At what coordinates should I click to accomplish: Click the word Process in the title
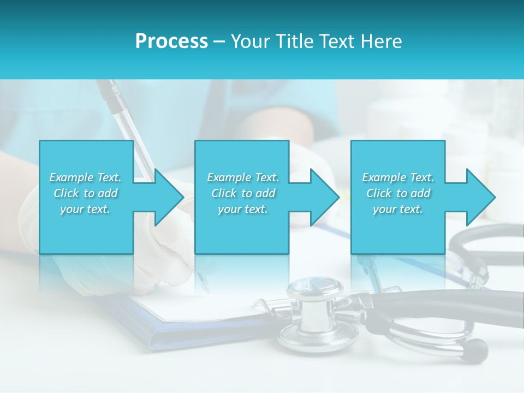[x=171, y=41]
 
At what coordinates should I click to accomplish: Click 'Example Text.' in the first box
[x=85, y=177]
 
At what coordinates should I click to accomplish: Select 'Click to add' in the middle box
[x=243, y=193]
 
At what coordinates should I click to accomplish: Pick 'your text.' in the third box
[x=398, y=209]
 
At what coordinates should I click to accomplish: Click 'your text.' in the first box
[x=85, y=209]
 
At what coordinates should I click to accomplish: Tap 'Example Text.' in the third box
[x=398, y=177]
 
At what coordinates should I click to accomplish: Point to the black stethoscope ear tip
[x=475, y=349]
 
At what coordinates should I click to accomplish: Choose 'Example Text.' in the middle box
[x=243, y=177]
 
